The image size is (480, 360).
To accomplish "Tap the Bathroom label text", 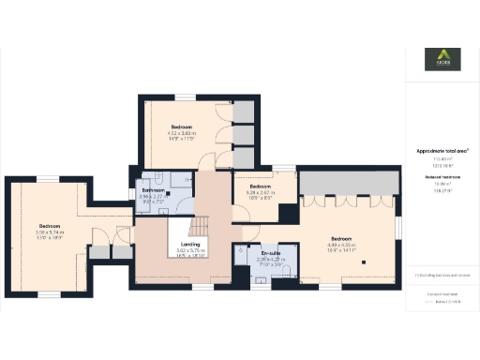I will coord(153,190).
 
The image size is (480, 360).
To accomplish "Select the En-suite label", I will coord(270,253).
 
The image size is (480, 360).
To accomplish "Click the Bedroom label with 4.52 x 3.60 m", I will coord(182,127).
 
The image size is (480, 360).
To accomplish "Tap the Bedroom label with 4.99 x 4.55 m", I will coord(345,238).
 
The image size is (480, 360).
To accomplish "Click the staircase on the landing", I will coord(200,228).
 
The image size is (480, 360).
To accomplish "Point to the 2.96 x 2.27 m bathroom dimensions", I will coord(153,198).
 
